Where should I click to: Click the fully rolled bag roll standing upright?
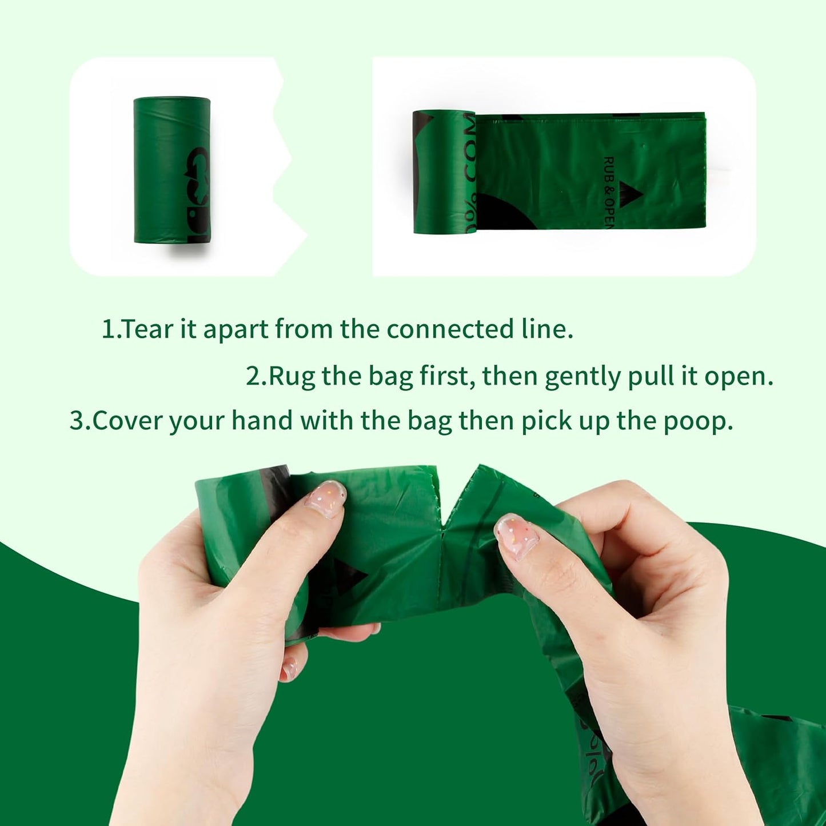[x=171, y=170]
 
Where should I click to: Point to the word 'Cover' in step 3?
[x=128, y=421]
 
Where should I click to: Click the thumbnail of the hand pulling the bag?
[x=517, y=535]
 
